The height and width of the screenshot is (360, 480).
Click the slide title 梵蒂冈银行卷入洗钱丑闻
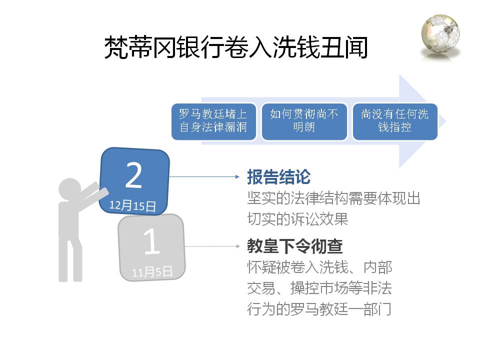point(235,47)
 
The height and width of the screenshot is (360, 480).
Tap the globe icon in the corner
point(440,36)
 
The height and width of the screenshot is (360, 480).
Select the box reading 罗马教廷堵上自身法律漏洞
point(213,121)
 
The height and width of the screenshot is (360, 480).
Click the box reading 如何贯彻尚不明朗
point(304,121)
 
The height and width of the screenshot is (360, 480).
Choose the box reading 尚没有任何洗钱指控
point(395,121)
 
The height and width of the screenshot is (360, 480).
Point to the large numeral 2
point(134,175)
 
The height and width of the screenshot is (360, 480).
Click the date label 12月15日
point(132,205)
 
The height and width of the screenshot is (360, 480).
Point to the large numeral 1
point(152,241)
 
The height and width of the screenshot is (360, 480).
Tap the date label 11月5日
point(152,271)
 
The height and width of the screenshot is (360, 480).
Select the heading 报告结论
point(279,177)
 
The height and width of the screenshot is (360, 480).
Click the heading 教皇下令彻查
point(295,246)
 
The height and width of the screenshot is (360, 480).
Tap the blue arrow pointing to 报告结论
point(204,176)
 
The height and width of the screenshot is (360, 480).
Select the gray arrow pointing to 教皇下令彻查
point(212,246)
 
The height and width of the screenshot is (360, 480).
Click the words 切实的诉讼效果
point(297,219)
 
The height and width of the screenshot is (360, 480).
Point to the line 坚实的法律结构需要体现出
point(333,198)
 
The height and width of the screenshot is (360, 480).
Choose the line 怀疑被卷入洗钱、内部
point(319,267)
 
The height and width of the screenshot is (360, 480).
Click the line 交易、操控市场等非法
point(319,288)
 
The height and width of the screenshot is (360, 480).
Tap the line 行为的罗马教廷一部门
point(319,309)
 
